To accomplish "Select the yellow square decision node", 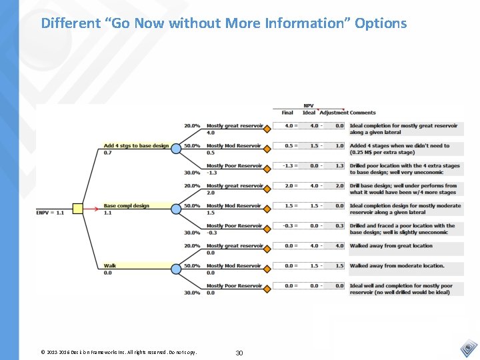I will (77, 209).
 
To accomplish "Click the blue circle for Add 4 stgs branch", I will (176, 149).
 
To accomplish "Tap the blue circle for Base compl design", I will (176, 209).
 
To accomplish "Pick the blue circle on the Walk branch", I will (176, 269).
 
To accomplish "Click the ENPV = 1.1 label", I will (50, 213).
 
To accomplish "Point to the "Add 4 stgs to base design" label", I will (136, 145).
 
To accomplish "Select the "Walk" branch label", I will (110, 265).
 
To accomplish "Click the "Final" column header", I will (287, 113).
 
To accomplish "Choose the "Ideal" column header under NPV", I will (309, 113).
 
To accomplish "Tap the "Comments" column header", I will (363, 113).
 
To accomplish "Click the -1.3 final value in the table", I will (288, 166).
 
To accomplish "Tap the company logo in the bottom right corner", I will (468, 348).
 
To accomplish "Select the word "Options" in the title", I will (381, 23).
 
